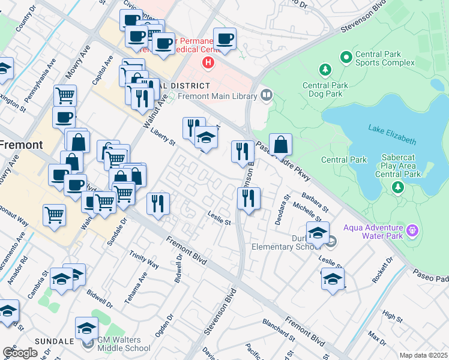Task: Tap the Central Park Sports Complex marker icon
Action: [346, 58]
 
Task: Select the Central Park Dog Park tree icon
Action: [325, 70]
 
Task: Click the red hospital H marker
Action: [208, 62]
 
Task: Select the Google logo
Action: [20, 352]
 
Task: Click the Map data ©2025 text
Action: [423, 355]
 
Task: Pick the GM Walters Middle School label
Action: [124, 343]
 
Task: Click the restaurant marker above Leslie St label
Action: [249, 197]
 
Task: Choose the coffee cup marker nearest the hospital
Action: [224, 39]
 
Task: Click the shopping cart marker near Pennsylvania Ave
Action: [65, 95]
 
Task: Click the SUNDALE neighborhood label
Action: [54, 341]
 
